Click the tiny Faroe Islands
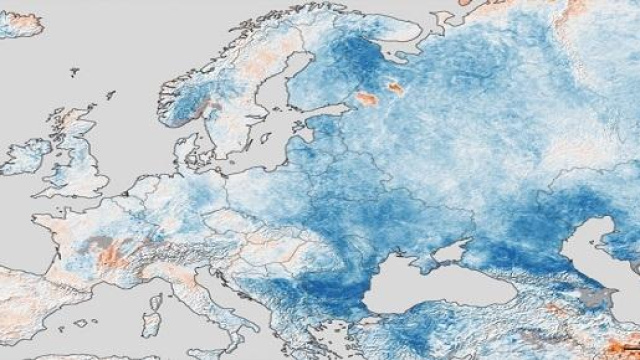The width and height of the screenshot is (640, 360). pos(75,72)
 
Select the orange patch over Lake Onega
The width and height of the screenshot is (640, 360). pos(397,89)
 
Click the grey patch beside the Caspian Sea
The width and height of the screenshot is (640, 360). pos(597,297)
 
